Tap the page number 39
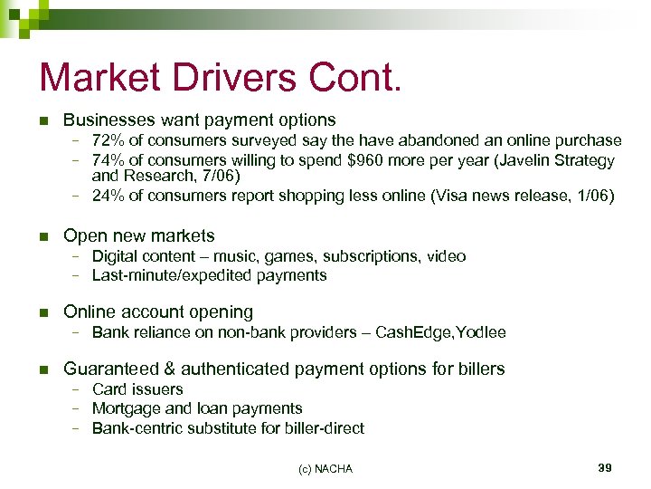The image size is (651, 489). (x=605, y=467)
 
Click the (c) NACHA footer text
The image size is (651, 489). (x=325, y=468)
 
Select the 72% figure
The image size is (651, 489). (x=108, y=140)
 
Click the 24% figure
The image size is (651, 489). (x=108, y=195)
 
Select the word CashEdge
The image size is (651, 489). (x=414, y=332)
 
